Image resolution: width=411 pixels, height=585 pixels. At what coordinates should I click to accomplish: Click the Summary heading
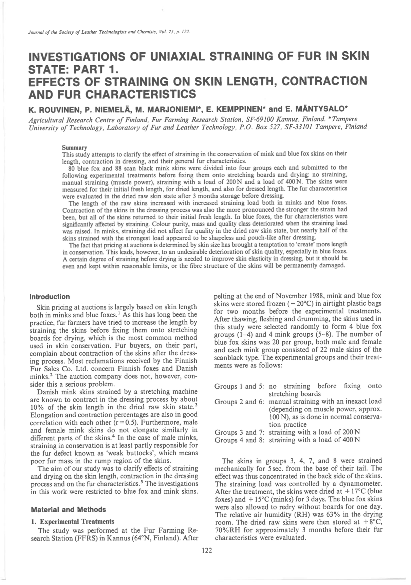75,148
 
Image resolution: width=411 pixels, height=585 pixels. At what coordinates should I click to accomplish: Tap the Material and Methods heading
68,510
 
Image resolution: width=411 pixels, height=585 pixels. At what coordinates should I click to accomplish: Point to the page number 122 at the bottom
207,551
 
